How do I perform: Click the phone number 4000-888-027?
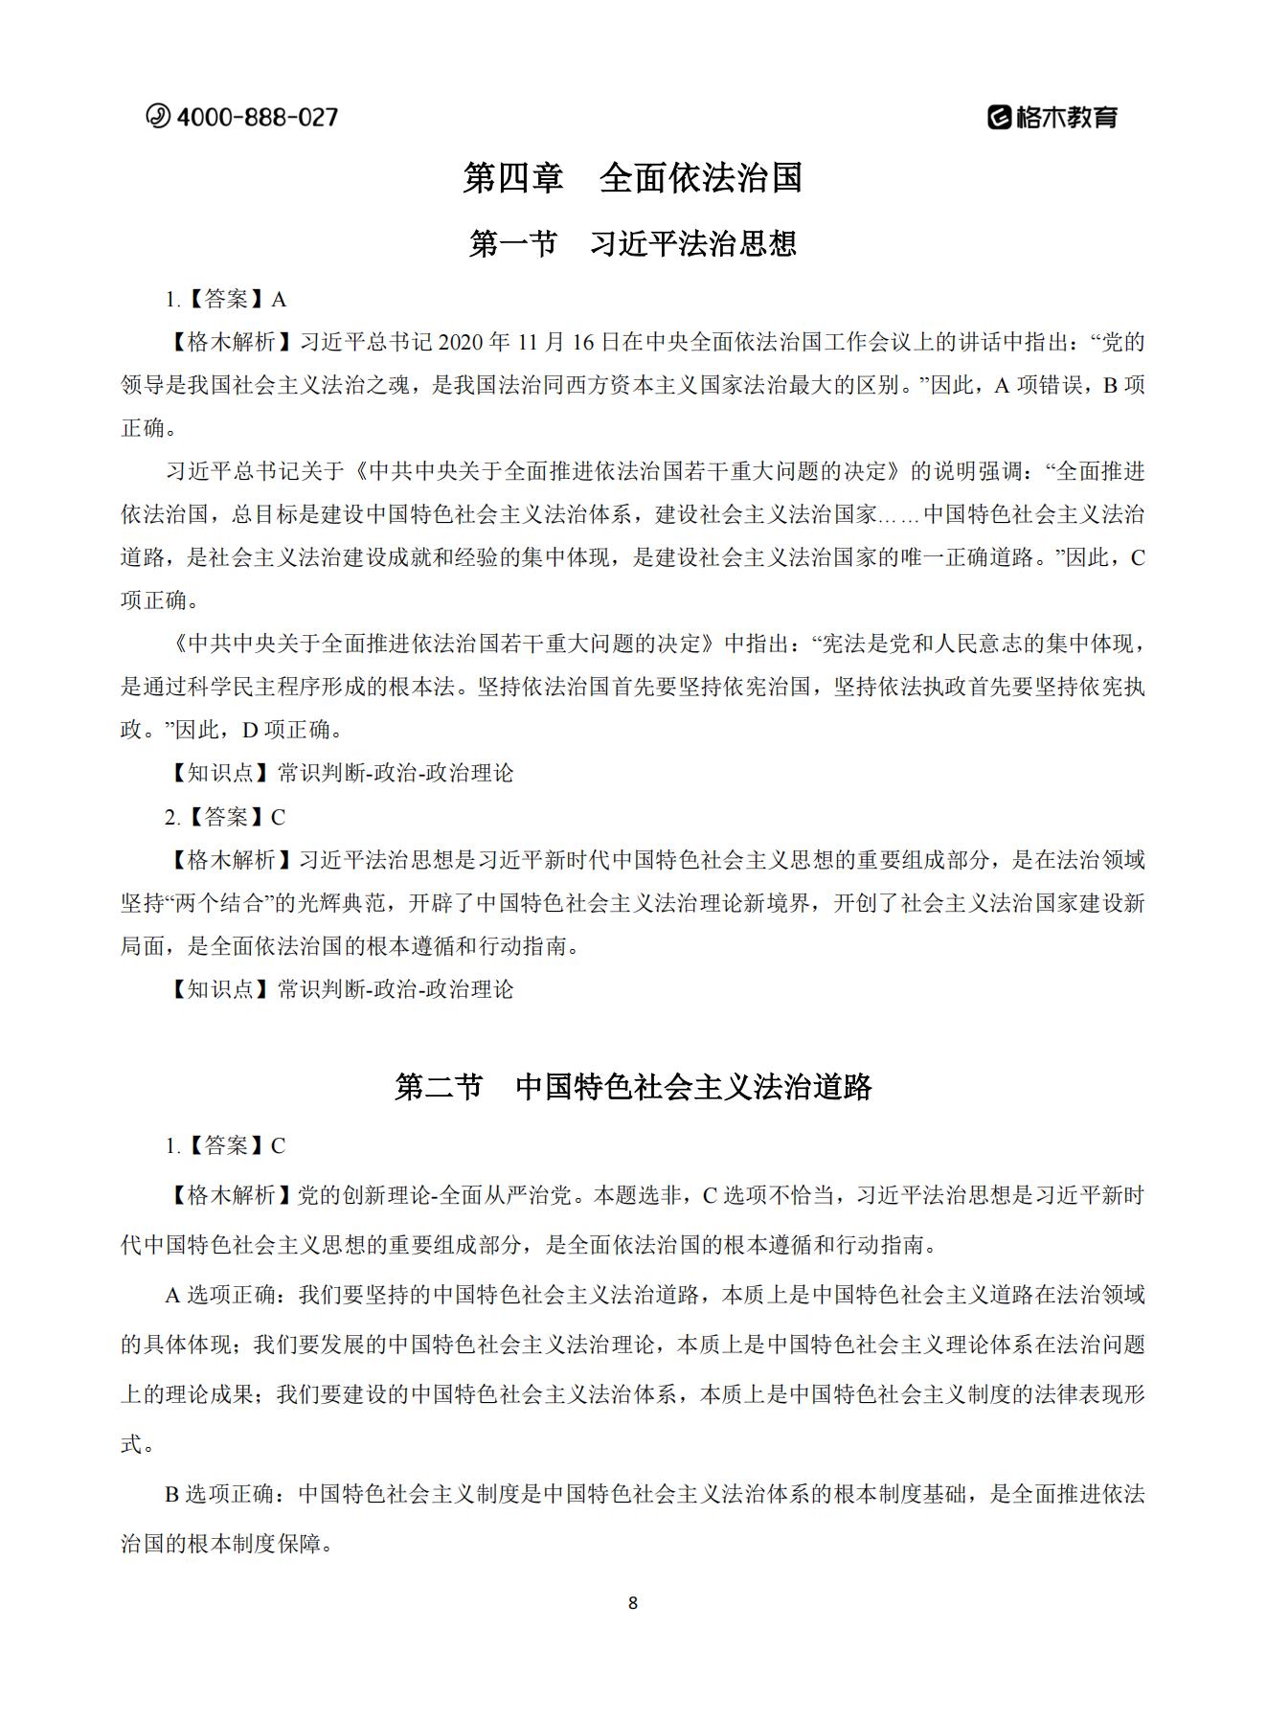point(258,117)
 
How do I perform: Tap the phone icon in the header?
point(158,116)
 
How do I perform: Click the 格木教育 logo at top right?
point(1052,117)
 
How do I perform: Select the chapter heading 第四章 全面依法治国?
point(632,178)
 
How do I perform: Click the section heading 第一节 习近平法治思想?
point(632,243)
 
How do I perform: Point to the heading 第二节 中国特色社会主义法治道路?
point(633,1087)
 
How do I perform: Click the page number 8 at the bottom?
point(632,1603)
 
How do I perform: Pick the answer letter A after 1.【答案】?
point(279,300)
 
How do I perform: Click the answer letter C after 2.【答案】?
point(278,817)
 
